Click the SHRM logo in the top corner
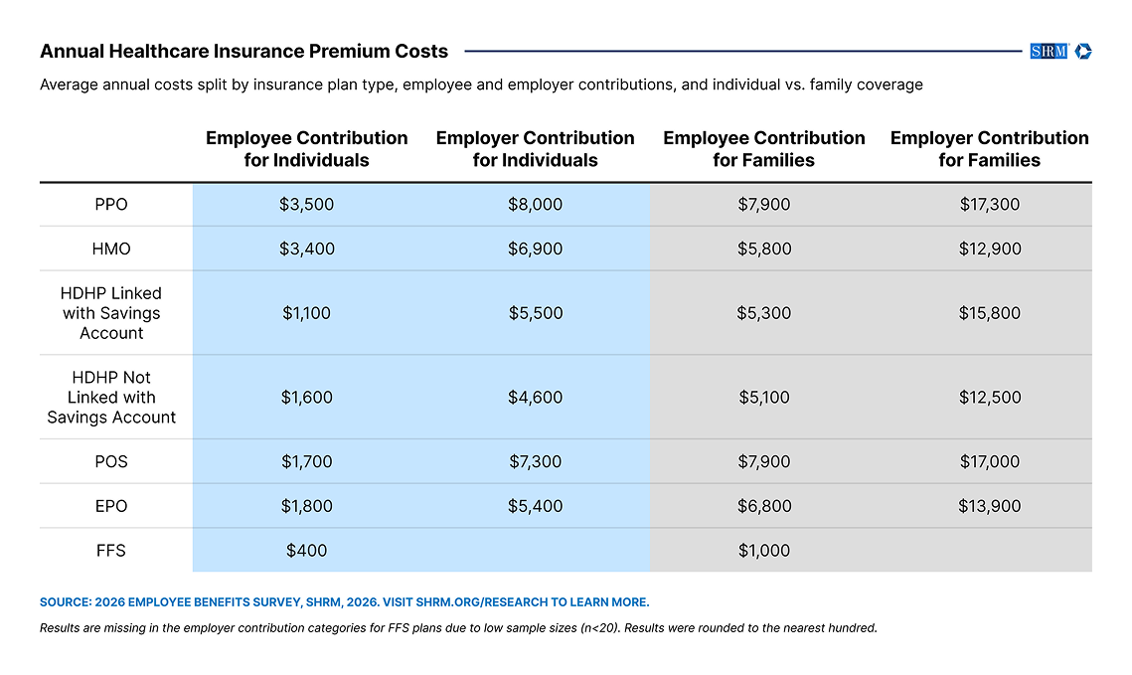(1060, 52)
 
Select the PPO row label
(111, 205)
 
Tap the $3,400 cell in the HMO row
(307, 250)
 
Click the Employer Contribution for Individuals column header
(535, 149)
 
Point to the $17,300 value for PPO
(990, 205)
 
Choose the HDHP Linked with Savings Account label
(111, 313)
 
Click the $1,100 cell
(307, 313)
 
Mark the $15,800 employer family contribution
(990, 313)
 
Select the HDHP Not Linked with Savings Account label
(111, 397)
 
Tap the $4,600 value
(535, 397)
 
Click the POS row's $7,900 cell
(764, 461)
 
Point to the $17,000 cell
(990, 461)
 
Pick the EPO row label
(111, 506)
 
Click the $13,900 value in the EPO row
(990, 506)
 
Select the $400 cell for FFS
(307, 551)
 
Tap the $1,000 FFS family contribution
(764, 551)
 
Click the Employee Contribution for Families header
(764, 149)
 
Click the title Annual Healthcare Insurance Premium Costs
(244, 52)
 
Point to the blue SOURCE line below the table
(344, 602)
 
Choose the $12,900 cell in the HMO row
(990, 250)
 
